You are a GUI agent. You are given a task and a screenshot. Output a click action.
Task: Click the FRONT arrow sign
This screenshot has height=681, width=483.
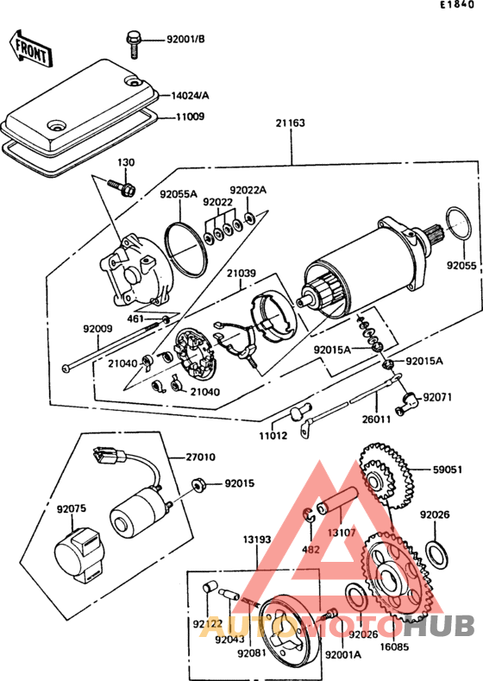coord(29,48)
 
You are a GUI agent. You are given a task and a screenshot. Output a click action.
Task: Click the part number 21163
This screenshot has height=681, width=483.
coord(291,123)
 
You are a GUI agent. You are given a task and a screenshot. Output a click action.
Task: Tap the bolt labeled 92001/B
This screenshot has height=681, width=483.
coord(133,44)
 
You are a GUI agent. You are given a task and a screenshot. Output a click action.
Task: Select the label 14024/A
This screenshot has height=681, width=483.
coord(190,96)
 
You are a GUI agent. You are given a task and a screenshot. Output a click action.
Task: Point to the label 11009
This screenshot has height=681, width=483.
coord(190,117)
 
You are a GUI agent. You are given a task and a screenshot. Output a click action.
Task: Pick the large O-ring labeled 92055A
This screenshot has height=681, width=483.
coord(186,249)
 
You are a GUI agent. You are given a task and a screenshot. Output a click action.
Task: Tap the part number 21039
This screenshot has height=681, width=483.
coord(241,274)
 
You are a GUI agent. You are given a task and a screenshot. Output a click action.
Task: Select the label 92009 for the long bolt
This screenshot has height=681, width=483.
coord(97,329)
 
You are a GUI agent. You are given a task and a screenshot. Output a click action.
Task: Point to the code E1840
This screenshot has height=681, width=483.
coord(457,5)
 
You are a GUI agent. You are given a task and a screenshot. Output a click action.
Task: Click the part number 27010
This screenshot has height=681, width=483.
coord(200,457)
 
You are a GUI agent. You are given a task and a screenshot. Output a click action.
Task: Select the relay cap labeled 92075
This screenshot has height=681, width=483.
coord(81,555)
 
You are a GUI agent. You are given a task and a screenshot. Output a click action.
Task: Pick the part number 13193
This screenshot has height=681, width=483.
coord(257,539)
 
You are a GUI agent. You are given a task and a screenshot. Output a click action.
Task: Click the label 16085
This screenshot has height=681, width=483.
coord(394,646)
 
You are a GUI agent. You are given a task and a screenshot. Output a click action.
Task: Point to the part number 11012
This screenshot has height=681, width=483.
coord(273,436)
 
